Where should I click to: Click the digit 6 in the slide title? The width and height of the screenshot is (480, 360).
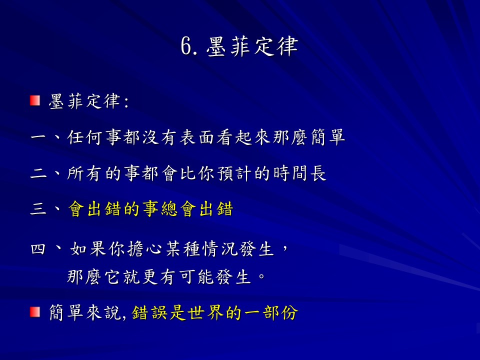186,46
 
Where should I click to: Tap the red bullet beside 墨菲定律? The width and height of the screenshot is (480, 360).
35,100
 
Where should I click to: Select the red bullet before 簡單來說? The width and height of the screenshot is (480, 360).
35,312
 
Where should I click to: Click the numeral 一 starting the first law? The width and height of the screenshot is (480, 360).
38,137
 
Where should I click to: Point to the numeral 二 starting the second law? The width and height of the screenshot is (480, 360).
38,173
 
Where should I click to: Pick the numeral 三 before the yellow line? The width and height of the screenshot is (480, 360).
38,209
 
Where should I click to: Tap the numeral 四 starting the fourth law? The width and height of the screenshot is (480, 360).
38,249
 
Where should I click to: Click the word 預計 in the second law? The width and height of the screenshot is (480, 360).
233,173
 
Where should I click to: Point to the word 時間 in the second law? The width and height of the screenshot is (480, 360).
289,173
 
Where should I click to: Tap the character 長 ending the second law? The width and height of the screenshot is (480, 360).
318,173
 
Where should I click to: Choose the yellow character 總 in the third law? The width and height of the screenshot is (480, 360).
169,209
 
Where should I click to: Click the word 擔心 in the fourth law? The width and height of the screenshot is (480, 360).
144,249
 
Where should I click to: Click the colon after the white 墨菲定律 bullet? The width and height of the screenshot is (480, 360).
126,101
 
